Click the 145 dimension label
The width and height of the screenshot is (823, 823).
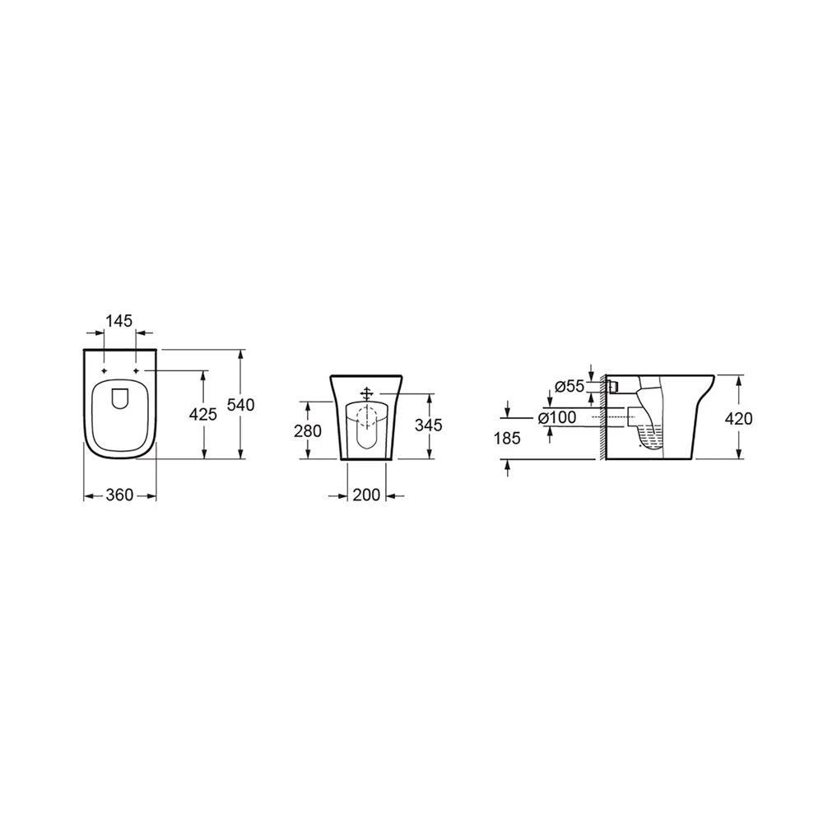(x=119, y=321)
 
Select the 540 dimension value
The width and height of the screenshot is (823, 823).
(x=240, y=405)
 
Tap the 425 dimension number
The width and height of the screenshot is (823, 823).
(x=202, y=414)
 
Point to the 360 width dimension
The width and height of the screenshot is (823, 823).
(x=119, y=495)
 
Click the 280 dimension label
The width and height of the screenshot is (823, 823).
(x=308, y=431)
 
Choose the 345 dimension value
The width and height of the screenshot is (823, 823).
(x=428, y=425)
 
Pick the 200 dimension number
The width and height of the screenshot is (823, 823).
(x=366, y=495)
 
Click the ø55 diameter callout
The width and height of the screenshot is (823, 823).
(x=570, y=386)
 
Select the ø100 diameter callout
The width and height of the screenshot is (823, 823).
(x=557, y=418)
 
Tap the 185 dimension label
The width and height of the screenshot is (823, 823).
(x=507, y=438)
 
